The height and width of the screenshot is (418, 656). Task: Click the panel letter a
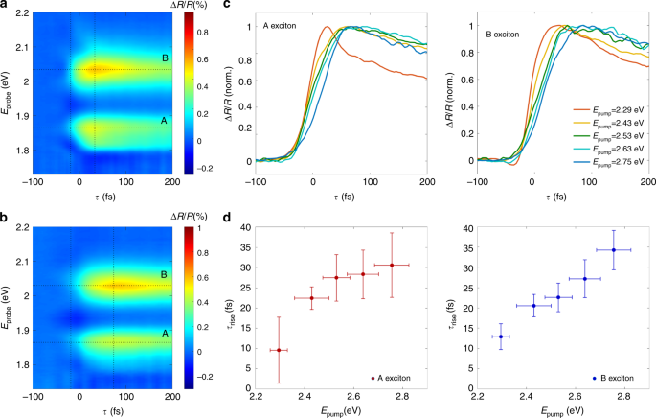tap(6, 6)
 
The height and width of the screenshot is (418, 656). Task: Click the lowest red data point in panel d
tap(279, 350)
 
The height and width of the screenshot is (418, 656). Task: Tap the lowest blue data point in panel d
tap(501, 337)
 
